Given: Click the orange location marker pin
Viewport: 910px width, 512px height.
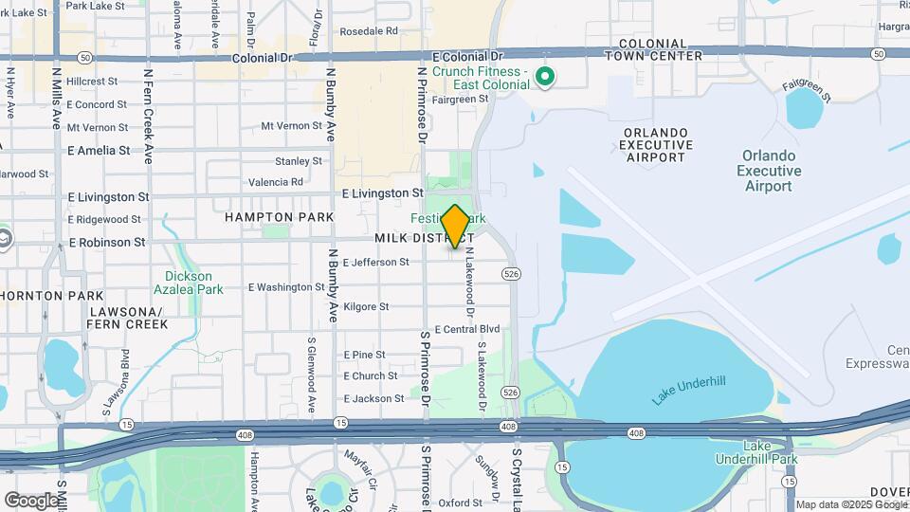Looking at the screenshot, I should point(456,226).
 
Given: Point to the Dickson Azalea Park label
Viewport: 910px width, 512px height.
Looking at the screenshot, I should point(189,283).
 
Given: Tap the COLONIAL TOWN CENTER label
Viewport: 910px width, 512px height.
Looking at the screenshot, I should point(660,49).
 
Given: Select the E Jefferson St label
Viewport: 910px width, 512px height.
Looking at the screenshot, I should point(375,262).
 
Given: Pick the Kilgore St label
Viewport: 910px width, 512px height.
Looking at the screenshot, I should point(366,306).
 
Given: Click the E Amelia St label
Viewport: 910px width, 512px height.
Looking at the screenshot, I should point(99,150).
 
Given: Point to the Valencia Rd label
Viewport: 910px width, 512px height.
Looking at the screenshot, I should point(275,182).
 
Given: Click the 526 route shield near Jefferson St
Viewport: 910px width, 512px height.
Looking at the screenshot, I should point(511,274).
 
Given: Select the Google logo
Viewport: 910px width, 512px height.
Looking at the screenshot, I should point(30,500).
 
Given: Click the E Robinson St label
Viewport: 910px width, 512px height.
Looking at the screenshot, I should point(107,242).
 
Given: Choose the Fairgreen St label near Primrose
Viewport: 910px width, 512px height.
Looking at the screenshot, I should point(460,99).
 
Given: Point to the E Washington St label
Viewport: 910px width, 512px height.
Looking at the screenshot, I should point(286,286).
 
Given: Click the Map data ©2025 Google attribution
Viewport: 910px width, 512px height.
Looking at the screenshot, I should point(851,504).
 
